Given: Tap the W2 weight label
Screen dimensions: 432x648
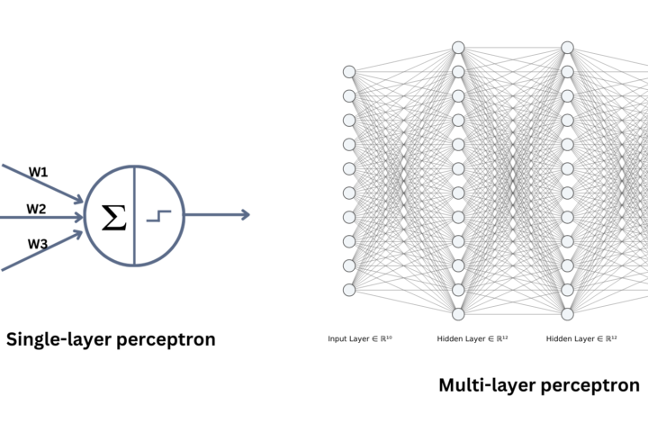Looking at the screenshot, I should tap(36, 209).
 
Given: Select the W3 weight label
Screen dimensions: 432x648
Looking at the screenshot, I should tap(37, 244).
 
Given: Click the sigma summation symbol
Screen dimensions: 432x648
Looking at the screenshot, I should tap(113, 217).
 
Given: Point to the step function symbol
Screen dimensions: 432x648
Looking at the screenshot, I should tap(158, 217).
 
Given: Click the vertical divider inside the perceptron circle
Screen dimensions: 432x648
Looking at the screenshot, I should tap(134, 215).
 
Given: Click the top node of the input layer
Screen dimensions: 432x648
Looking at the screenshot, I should tap(349, 72).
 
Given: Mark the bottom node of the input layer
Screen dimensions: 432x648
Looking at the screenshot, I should tap(349, 290).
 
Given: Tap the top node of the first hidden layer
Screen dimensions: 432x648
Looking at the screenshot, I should tap(458, 48).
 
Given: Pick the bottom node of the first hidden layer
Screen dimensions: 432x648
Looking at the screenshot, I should tap(458, 314).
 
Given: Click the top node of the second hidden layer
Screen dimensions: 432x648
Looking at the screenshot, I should tap(567, 48).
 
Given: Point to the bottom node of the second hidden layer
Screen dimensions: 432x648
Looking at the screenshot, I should tap(567, 314).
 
